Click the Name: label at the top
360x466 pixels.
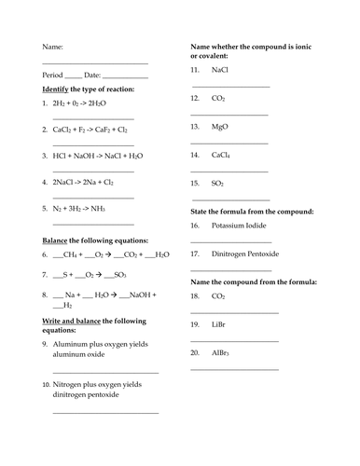point(52,48)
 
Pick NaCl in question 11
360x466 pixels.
point(220,70)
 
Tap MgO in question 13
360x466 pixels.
point(221,125)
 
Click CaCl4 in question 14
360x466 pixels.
point(222,155)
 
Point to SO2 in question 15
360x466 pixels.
point(219,184)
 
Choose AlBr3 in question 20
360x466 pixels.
point(222,355)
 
